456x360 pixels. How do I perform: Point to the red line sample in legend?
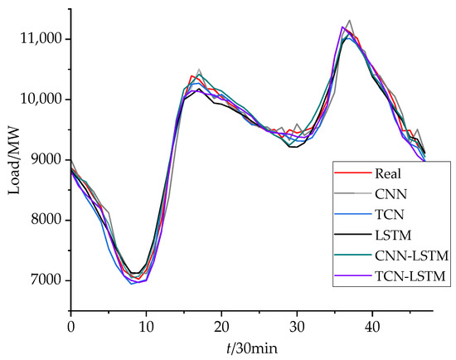(345, 173)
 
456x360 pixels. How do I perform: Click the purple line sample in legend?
(345, 276)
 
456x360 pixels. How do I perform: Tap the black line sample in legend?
(345, 235)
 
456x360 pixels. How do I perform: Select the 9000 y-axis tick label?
(46, 159)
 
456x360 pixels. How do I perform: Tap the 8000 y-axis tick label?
(46, 220)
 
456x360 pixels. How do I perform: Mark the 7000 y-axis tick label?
(46, 280)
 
